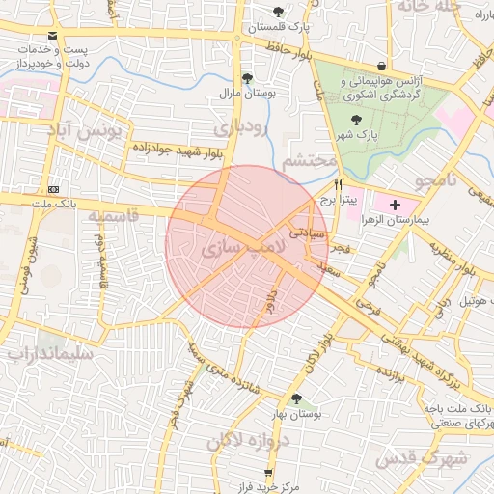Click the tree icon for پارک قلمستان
pyautogui.click(x=279, y=13)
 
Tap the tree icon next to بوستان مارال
pyautogui.click(x=247, y=79)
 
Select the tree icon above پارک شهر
pyautogui.click(x=357, y=120)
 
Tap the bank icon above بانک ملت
pyautogui.click(x=53, y=189)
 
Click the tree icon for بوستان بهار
pyautogui.click(x=296, y=398)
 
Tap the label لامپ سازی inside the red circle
pyautogui.click(x=245, y=248)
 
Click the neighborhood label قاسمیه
pyautogui.click(x=114, y=217)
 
